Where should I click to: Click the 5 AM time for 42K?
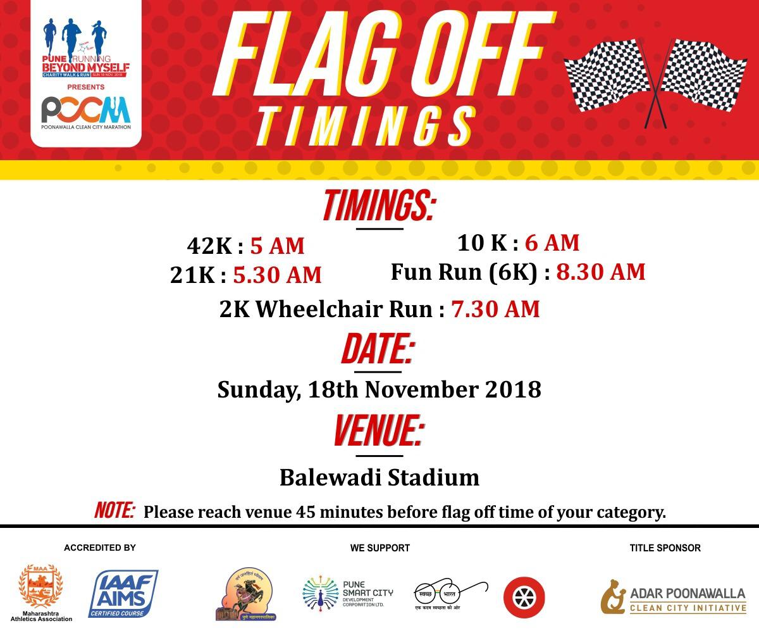point(277,246)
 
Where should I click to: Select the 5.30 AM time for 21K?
point(277,275)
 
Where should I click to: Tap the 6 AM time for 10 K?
point(552,242)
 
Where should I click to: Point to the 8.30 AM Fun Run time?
point(600,272)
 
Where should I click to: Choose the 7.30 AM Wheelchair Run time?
point(495,309)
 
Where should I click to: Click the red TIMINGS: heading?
point(378,206)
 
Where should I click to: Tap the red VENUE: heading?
point(378,432)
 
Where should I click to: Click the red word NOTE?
point(114,510)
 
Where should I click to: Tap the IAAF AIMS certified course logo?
point(123,593)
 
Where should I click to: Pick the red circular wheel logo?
point(524,597)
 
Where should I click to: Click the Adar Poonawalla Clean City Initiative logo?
point(673,597)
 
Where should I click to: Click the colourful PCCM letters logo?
point(85,110)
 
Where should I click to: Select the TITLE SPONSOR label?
point(665,548)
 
